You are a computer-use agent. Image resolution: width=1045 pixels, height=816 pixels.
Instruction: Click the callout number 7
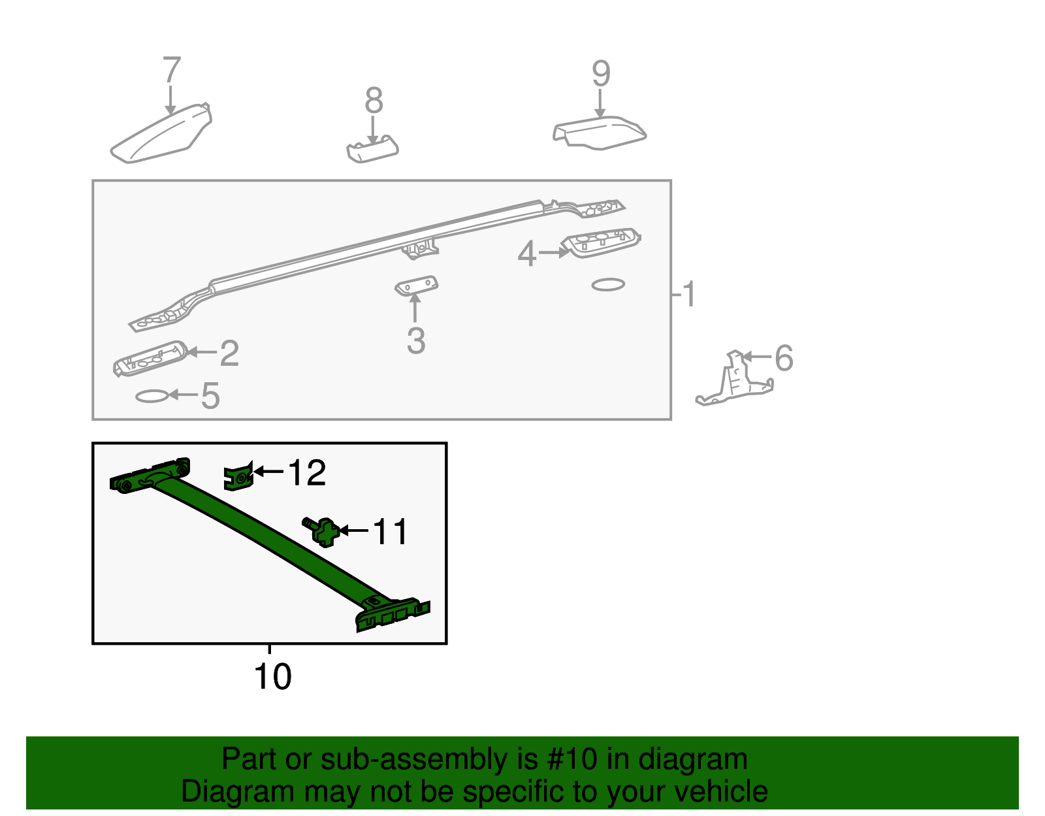pyautogui.click(x=171, y=70)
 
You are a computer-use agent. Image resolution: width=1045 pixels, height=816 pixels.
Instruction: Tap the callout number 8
pyautogui.click(x=374, y=101)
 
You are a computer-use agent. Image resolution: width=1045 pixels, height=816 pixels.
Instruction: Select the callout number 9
pyautogui.click(x=601, y=74)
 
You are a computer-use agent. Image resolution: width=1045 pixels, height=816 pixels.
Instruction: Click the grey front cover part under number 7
pyautogui.click(x=160, y=135)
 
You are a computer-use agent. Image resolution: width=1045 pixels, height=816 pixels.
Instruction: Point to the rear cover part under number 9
pyautogui.click(x=600, y=133)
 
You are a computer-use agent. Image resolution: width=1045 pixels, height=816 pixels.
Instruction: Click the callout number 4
pyautogui.click(x=526, y=253)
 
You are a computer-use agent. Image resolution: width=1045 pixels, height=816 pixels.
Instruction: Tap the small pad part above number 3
pyautogui.click(x=416, y=286)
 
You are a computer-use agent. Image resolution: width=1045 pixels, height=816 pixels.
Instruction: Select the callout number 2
pyautogui.click(x=229, y=353)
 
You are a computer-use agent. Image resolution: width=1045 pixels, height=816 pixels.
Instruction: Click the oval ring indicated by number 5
pyautogui.click(x=152, y=396)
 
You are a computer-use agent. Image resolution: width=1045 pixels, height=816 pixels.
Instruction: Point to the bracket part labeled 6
pyautogui.click(x=735, y=382)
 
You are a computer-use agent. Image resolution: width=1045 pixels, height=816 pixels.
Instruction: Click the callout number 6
pyautogui.click(x=784, y=359)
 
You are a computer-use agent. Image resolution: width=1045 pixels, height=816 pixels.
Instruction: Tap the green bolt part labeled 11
pyautogui.click(x=323, y=530)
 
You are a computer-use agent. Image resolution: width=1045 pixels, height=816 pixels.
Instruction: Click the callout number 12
pyautogui.click(x=306, y=472)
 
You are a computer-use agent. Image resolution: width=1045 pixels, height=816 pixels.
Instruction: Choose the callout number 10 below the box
pyautogui.click(x=272, y=677)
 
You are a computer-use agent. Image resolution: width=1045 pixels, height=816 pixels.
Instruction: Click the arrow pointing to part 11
pyautogui.click(x=353, y=530)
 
